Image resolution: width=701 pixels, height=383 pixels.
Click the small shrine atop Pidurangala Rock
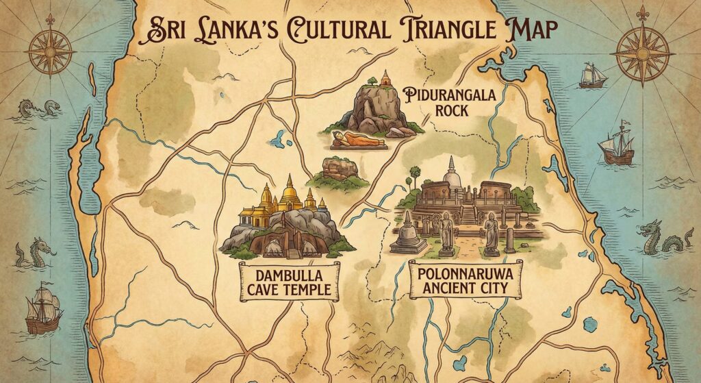pyautogui.click(x=385, y=78)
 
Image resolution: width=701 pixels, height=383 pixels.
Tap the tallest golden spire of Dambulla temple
pyautogui.click(x=290, y=192)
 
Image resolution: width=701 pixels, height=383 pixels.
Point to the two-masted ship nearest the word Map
pyautogui.click(x=592, y=75)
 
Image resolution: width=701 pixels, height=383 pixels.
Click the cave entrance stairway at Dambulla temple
pyautogui.click(x=294, y=251)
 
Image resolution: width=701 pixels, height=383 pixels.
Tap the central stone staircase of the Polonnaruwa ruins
pyautogui.click(x=468, y=214)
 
